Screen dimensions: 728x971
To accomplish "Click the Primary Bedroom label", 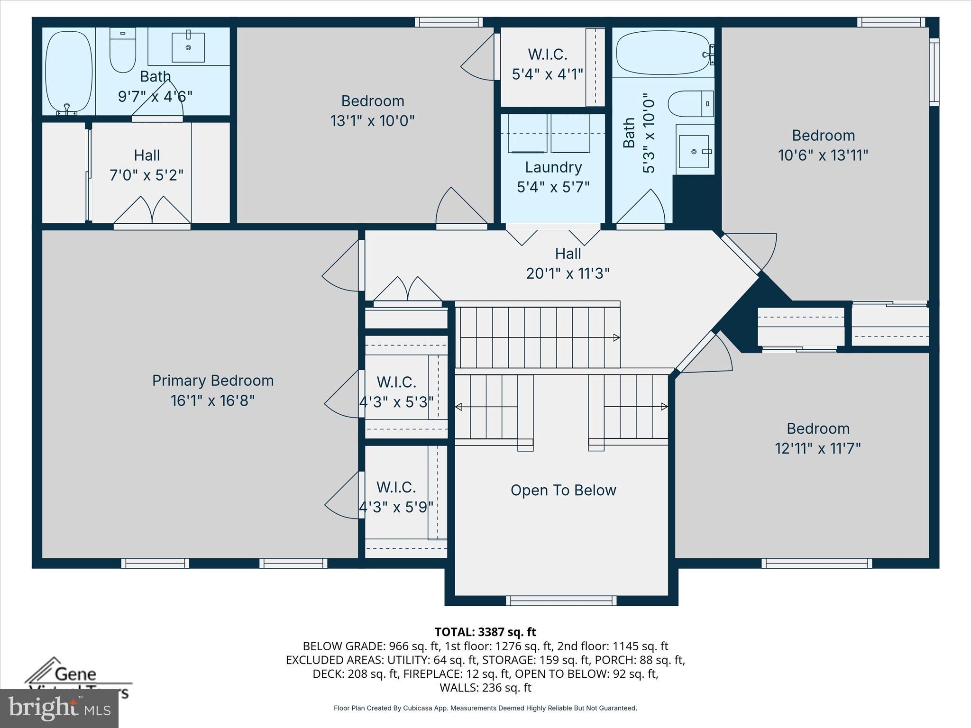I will pyautogui.click(x=213, y=381).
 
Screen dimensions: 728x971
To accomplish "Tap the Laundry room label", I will pyautogui.click(x=553, y=167).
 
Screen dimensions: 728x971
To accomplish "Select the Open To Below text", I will pyautogui.click(x=563, y=490).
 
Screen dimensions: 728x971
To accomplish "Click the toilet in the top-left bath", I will pyautogui.click(x=123, y=50).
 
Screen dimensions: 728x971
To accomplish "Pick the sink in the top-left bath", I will pyautogui.click(x=188, y=47).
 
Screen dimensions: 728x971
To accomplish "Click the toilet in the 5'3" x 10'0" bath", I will pyautogui.click(x=690, y=104).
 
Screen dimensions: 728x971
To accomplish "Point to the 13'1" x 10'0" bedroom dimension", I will pyautogui.click(x=372, y=121).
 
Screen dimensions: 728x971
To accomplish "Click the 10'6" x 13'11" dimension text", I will pyautogui.click(x=823, y=155).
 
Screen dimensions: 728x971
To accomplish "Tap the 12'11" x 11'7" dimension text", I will pyautogui.click(x=818, y=448).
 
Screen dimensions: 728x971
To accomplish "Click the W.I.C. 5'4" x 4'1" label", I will pyautogui.click(x=548, y=64).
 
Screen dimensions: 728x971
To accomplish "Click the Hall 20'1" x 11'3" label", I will pyautogui.click(x=568, y=264).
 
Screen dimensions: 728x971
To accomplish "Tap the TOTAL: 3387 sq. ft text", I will pyautogui.click(x=485, y=632).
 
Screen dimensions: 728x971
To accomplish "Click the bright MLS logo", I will pyautogui.click(x=59, y=708).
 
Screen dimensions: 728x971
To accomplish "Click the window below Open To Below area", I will pyautogui.click(x=561, y=601).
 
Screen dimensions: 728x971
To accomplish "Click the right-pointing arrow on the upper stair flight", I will pyautogui.click(x=616, y=337).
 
